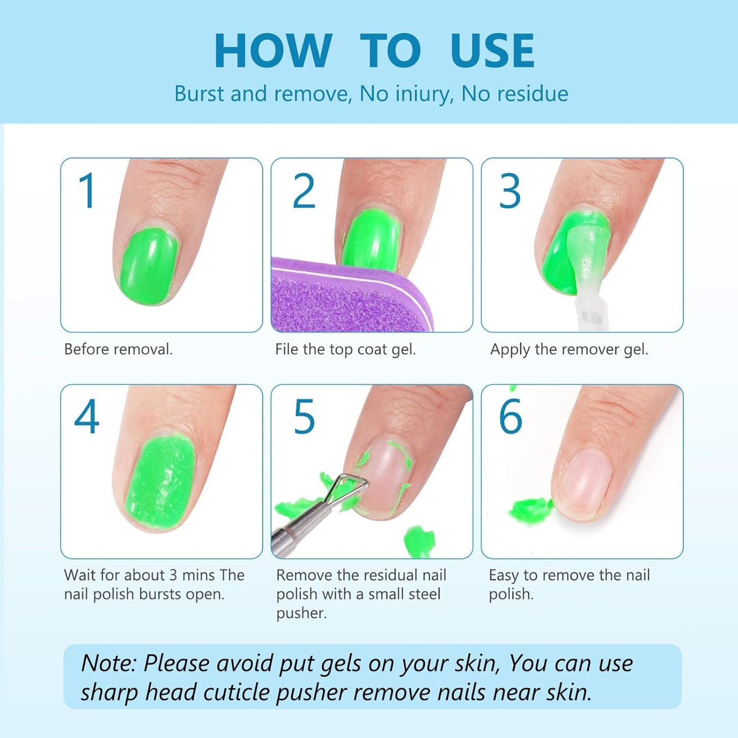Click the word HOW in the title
click(x=273, y=51)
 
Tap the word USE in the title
click(x=492, y=51)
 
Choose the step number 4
click(x=86, y=417)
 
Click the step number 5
click(x=304, y=417)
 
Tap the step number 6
click(x=510, y=417)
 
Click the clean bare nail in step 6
click(x=585, y=485)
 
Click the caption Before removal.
click(x=118, y=349)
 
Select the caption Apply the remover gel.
click(x=569, y=349)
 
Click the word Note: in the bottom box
click(x=108, y=663)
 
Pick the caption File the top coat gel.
click(x=345, y=349)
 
